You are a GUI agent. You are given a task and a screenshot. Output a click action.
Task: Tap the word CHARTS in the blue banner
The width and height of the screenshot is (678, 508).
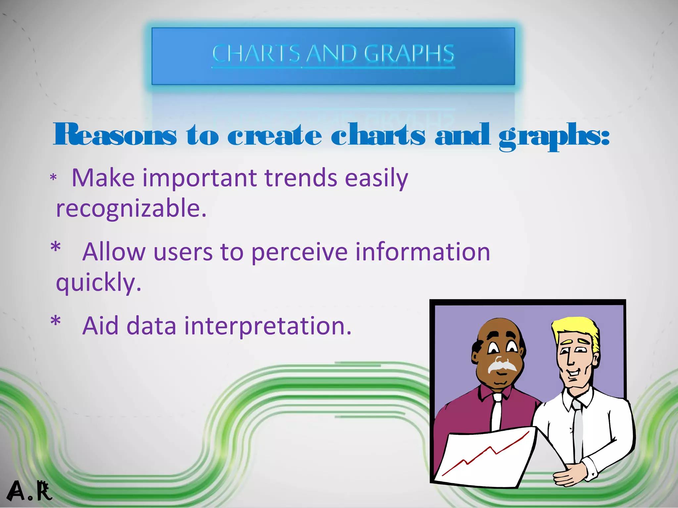(256, 54)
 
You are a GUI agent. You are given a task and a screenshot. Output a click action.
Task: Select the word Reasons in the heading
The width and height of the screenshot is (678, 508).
(115, 135)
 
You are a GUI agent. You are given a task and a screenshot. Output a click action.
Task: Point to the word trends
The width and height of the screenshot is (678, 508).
(301, 178)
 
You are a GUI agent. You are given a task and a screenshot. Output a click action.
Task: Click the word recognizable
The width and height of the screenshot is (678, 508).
(131, 208)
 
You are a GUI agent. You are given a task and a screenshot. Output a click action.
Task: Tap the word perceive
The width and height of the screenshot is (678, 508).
(299, 252)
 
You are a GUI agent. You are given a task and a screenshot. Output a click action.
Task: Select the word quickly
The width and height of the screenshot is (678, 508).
(98, 282)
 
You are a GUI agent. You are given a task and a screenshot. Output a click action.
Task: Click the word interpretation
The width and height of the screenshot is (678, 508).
(267, 326)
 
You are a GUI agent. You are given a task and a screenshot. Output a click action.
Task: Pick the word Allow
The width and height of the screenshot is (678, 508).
(114, 252)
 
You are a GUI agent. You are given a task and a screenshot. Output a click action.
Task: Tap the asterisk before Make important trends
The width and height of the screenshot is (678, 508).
(53, 178)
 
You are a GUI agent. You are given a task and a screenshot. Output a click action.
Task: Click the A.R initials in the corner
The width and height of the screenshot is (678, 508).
(29, 491)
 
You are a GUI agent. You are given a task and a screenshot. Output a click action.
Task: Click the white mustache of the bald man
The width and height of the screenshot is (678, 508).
(502, 365)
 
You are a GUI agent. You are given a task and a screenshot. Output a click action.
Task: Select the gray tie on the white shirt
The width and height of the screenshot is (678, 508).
(578, 430)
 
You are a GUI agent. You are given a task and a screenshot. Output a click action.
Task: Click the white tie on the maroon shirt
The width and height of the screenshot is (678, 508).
(496, 412)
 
